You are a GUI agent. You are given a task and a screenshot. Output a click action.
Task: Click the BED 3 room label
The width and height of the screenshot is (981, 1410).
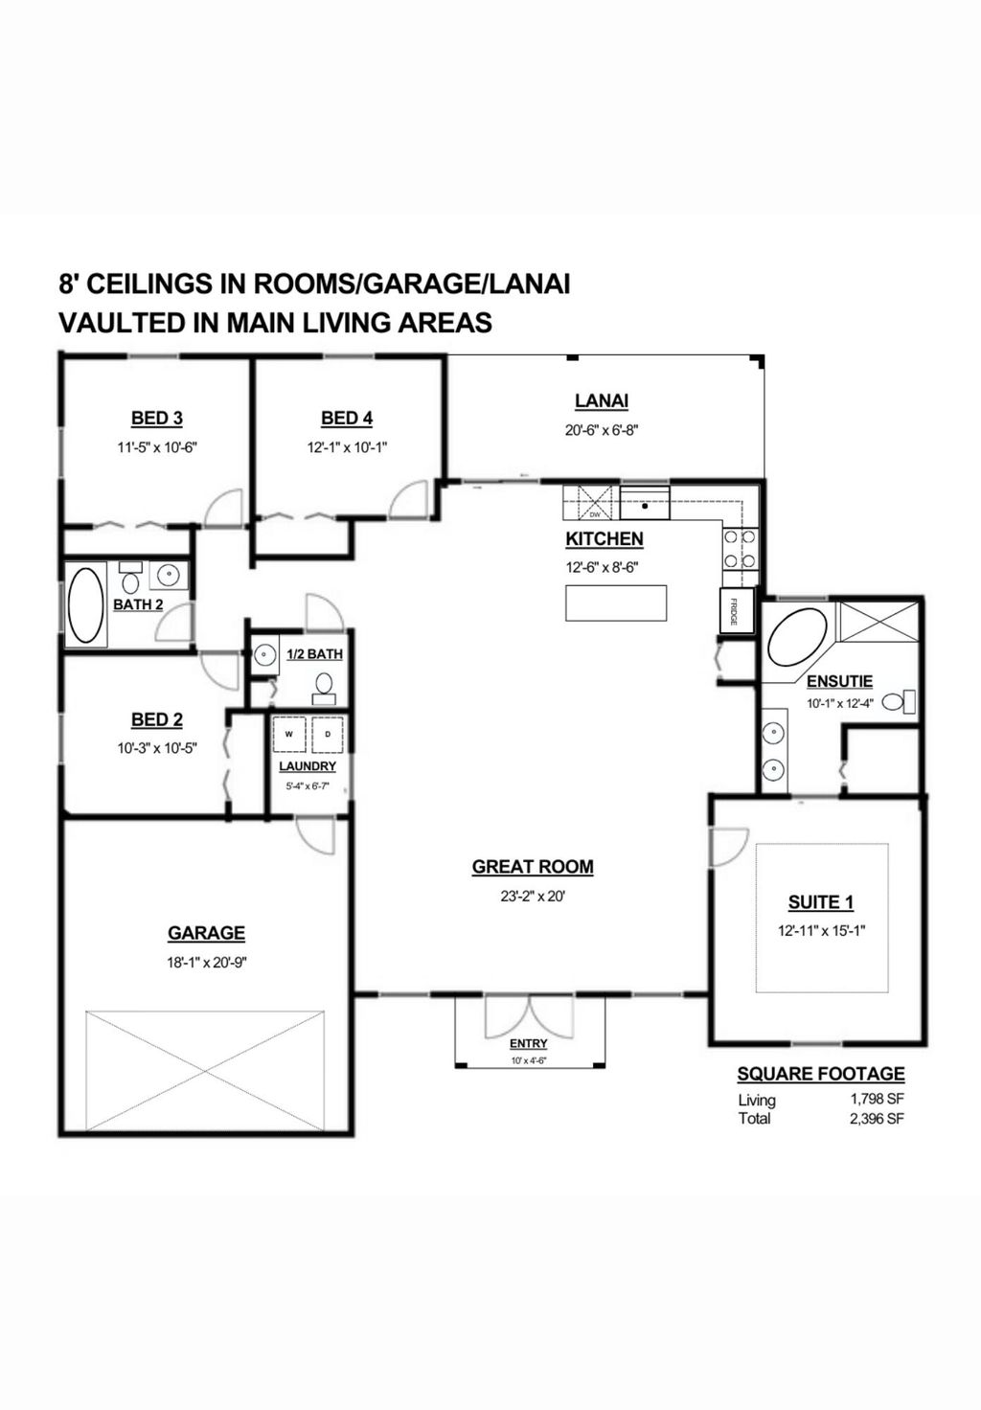[157, 418]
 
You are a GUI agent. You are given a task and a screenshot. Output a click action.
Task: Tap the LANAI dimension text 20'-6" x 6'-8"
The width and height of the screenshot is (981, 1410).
[602, 430]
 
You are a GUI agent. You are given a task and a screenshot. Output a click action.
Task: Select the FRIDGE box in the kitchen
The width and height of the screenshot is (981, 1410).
[737, 610]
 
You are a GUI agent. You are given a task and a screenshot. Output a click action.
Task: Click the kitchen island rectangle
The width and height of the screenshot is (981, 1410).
[616, 603]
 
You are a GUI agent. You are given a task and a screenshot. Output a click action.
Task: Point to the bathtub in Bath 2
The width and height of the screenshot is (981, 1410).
[86, 605]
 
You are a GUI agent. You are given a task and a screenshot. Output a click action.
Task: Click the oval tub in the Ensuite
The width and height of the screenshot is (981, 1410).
[798, 636]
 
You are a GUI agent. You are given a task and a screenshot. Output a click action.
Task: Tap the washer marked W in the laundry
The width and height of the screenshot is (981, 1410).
[289, 734]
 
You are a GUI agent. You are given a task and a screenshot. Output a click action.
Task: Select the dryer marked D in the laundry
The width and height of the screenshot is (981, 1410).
[328, 734]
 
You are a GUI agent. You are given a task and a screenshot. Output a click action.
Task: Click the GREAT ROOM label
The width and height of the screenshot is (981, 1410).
[533, 867]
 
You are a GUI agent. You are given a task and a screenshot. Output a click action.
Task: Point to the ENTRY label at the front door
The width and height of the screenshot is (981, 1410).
[528, 1044]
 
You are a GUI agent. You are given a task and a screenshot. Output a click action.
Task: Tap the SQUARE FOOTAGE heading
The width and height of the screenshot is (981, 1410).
[821, 1074]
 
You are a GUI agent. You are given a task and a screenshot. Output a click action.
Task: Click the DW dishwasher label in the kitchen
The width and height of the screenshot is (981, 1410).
[595, 514]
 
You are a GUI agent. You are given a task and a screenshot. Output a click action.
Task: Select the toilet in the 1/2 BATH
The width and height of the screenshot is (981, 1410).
[324, 688]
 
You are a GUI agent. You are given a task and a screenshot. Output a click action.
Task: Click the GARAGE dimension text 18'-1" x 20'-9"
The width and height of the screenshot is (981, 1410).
[207, 963]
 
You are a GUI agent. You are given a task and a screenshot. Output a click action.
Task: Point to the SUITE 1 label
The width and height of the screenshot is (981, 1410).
[821, 902]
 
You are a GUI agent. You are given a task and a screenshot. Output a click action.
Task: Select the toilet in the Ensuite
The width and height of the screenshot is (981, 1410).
[899, 701]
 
